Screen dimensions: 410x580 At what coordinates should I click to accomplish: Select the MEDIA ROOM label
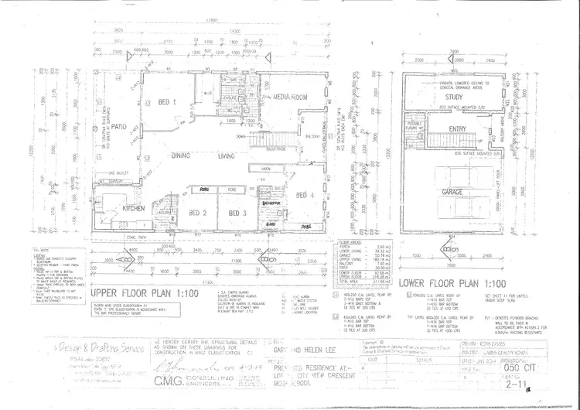(x=290, y=97)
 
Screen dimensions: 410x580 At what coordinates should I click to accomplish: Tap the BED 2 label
(x=198, y=213)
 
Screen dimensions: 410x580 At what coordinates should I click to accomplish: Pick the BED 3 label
(x=237, y=213)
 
